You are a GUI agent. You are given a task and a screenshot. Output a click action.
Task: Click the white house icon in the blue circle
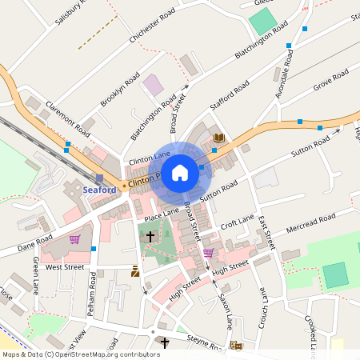coord(180,172)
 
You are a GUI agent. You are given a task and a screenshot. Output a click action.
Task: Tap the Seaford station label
coord(100,190)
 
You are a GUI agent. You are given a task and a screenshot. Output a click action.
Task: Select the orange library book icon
coord(219,139)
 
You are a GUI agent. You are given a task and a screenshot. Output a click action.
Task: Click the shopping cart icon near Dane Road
coord(74,238)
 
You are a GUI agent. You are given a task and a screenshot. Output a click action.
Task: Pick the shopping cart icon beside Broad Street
coord(208,253)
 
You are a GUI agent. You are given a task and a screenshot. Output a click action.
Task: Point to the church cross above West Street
coord(151,237)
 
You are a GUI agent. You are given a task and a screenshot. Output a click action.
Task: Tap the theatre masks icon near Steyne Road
coord(235,345)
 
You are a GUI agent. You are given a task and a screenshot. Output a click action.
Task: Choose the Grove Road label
coord(330,80)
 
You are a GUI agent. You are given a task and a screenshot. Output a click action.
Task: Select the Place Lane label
coord(162,216)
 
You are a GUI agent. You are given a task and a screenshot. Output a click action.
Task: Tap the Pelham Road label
coord(94,291)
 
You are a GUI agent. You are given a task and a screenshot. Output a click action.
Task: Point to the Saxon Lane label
coord(225,310)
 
